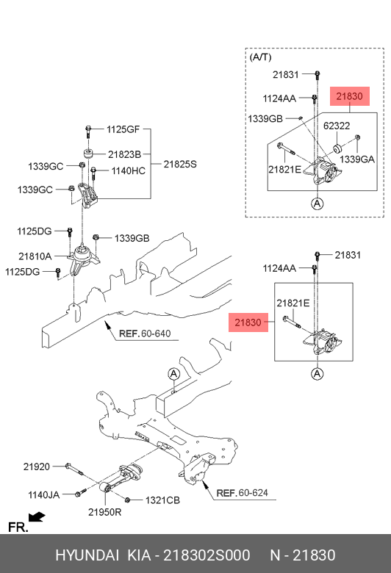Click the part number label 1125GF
point(123,130)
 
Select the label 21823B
point(125,155)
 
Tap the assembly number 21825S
point(180,164)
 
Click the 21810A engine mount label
point(35,256)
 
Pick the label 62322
point(337,126)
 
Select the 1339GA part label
point(357,159)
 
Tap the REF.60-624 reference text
point(243,493)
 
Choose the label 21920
point(36,466)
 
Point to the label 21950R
point(104,511)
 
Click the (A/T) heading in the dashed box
point(260,57)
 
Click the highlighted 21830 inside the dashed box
point(351,95)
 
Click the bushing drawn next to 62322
point(340,149)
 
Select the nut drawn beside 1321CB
point(128,500)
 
